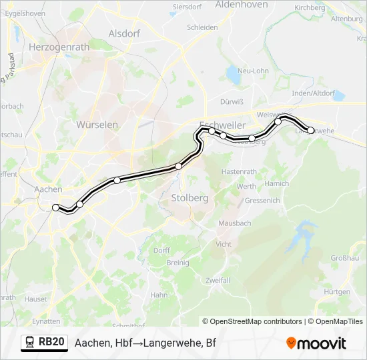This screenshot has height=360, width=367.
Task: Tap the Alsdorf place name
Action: (124, 33)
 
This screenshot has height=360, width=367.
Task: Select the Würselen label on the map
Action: (97, 125)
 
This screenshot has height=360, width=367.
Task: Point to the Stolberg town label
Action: (190, 198)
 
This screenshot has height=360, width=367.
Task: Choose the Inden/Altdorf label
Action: (314, 93)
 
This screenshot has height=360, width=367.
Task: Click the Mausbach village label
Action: (234, 223)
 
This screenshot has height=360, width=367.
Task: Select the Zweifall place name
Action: (218, 280)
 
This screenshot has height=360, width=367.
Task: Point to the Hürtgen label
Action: (336, 292)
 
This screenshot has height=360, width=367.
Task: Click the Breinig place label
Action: (178, 263)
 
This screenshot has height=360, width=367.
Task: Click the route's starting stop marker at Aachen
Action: (56, 208)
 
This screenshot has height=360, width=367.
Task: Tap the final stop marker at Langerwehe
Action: (310, 131)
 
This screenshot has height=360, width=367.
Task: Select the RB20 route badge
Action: (45, 343)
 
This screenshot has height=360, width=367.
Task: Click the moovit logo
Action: (316, 343)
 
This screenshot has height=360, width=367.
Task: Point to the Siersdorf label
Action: (188, 7)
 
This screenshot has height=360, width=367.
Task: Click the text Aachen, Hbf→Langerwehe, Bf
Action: (145, 343)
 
